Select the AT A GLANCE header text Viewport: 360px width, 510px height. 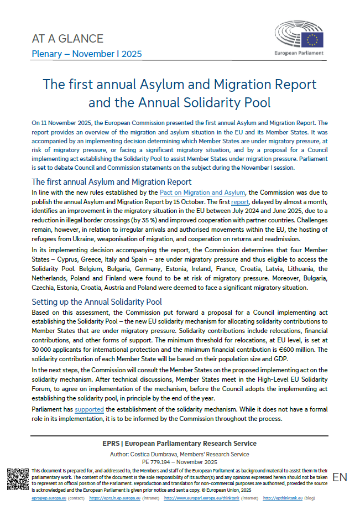pyautogui.click(x=67, y=39)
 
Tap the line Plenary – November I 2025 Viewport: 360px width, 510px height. pyautogui.click(x=87, y=54)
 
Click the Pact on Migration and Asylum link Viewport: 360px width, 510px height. pyautogui.click(x=202, y=192)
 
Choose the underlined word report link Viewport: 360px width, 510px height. pyautogui.click(x=240, y=202)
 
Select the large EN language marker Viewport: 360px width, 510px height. pyautogui.click(x=340, y=477)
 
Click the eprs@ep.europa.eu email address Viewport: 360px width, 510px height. pyautogui.click(x=26, y=498)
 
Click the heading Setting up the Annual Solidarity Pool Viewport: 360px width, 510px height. pyautogui.click(x=97, y=301)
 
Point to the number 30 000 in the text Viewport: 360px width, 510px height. pyautogui.click(x=44, y=349)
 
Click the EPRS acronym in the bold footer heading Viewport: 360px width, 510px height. pyautogui.click(x=114, y=444)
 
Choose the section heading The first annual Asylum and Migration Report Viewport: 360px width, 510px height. pyautogui.click(x=112, y=181)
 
